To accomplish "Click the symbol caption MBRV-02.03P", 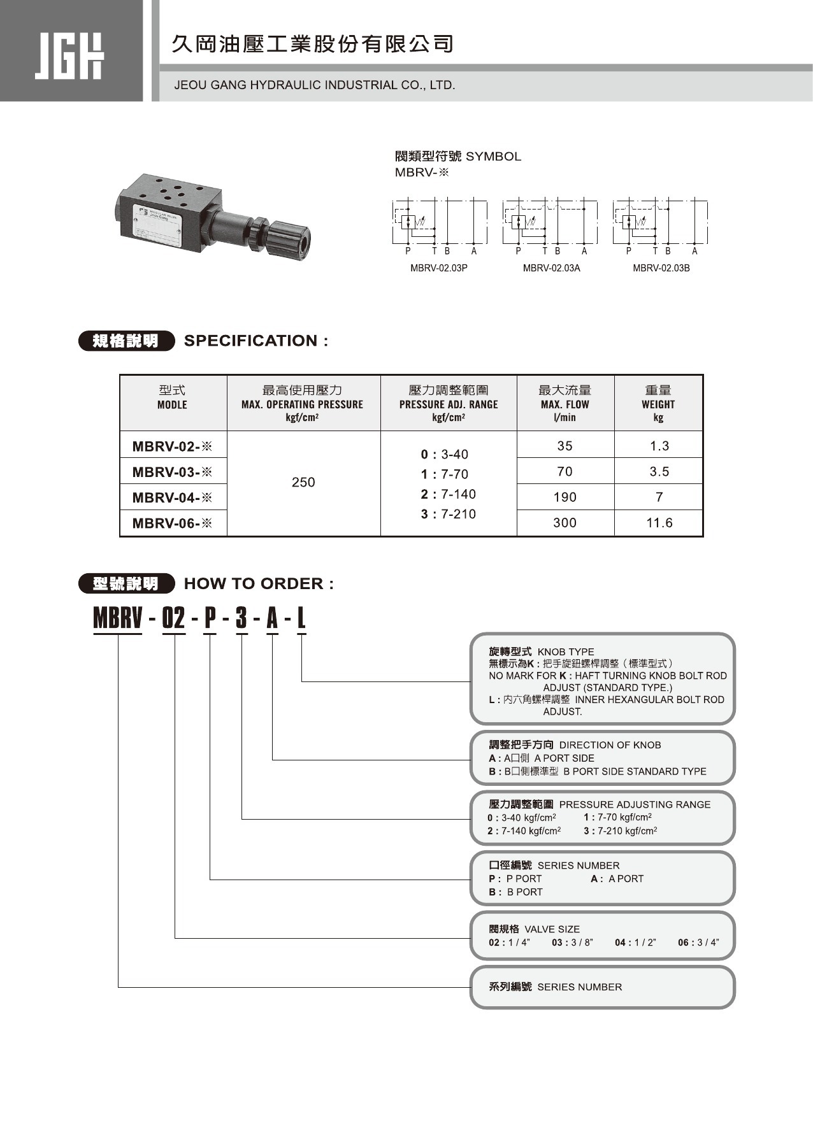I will pos(438,268).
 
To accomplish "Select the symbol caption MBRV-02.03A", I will pos(551,268).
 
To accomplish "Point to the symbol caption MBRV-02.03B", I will pos(661,268).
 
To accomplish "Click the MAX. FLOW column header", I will pos(565,404).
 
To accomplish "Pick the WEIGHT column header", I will pos(658,404).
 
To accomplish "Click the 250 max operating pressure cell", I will pos(303,482).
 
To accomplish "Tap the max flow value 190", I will pos(565,497).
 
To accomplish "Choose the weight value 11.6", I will pos(659,523).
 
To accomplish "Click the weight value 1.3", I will pos(659,446).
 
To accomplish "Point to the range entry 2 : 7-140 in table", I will pos(448,494).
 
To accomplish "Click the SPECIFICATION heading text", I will pos(255,341).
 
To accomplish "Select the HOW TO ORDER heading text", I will pos(258,583).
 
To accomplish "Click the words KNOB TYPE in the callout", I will pos(565,652).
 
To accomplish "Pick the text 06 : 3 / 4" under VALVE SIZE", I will pos(698,943).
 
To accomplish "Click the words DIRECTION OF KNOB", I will pos(610,745).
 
